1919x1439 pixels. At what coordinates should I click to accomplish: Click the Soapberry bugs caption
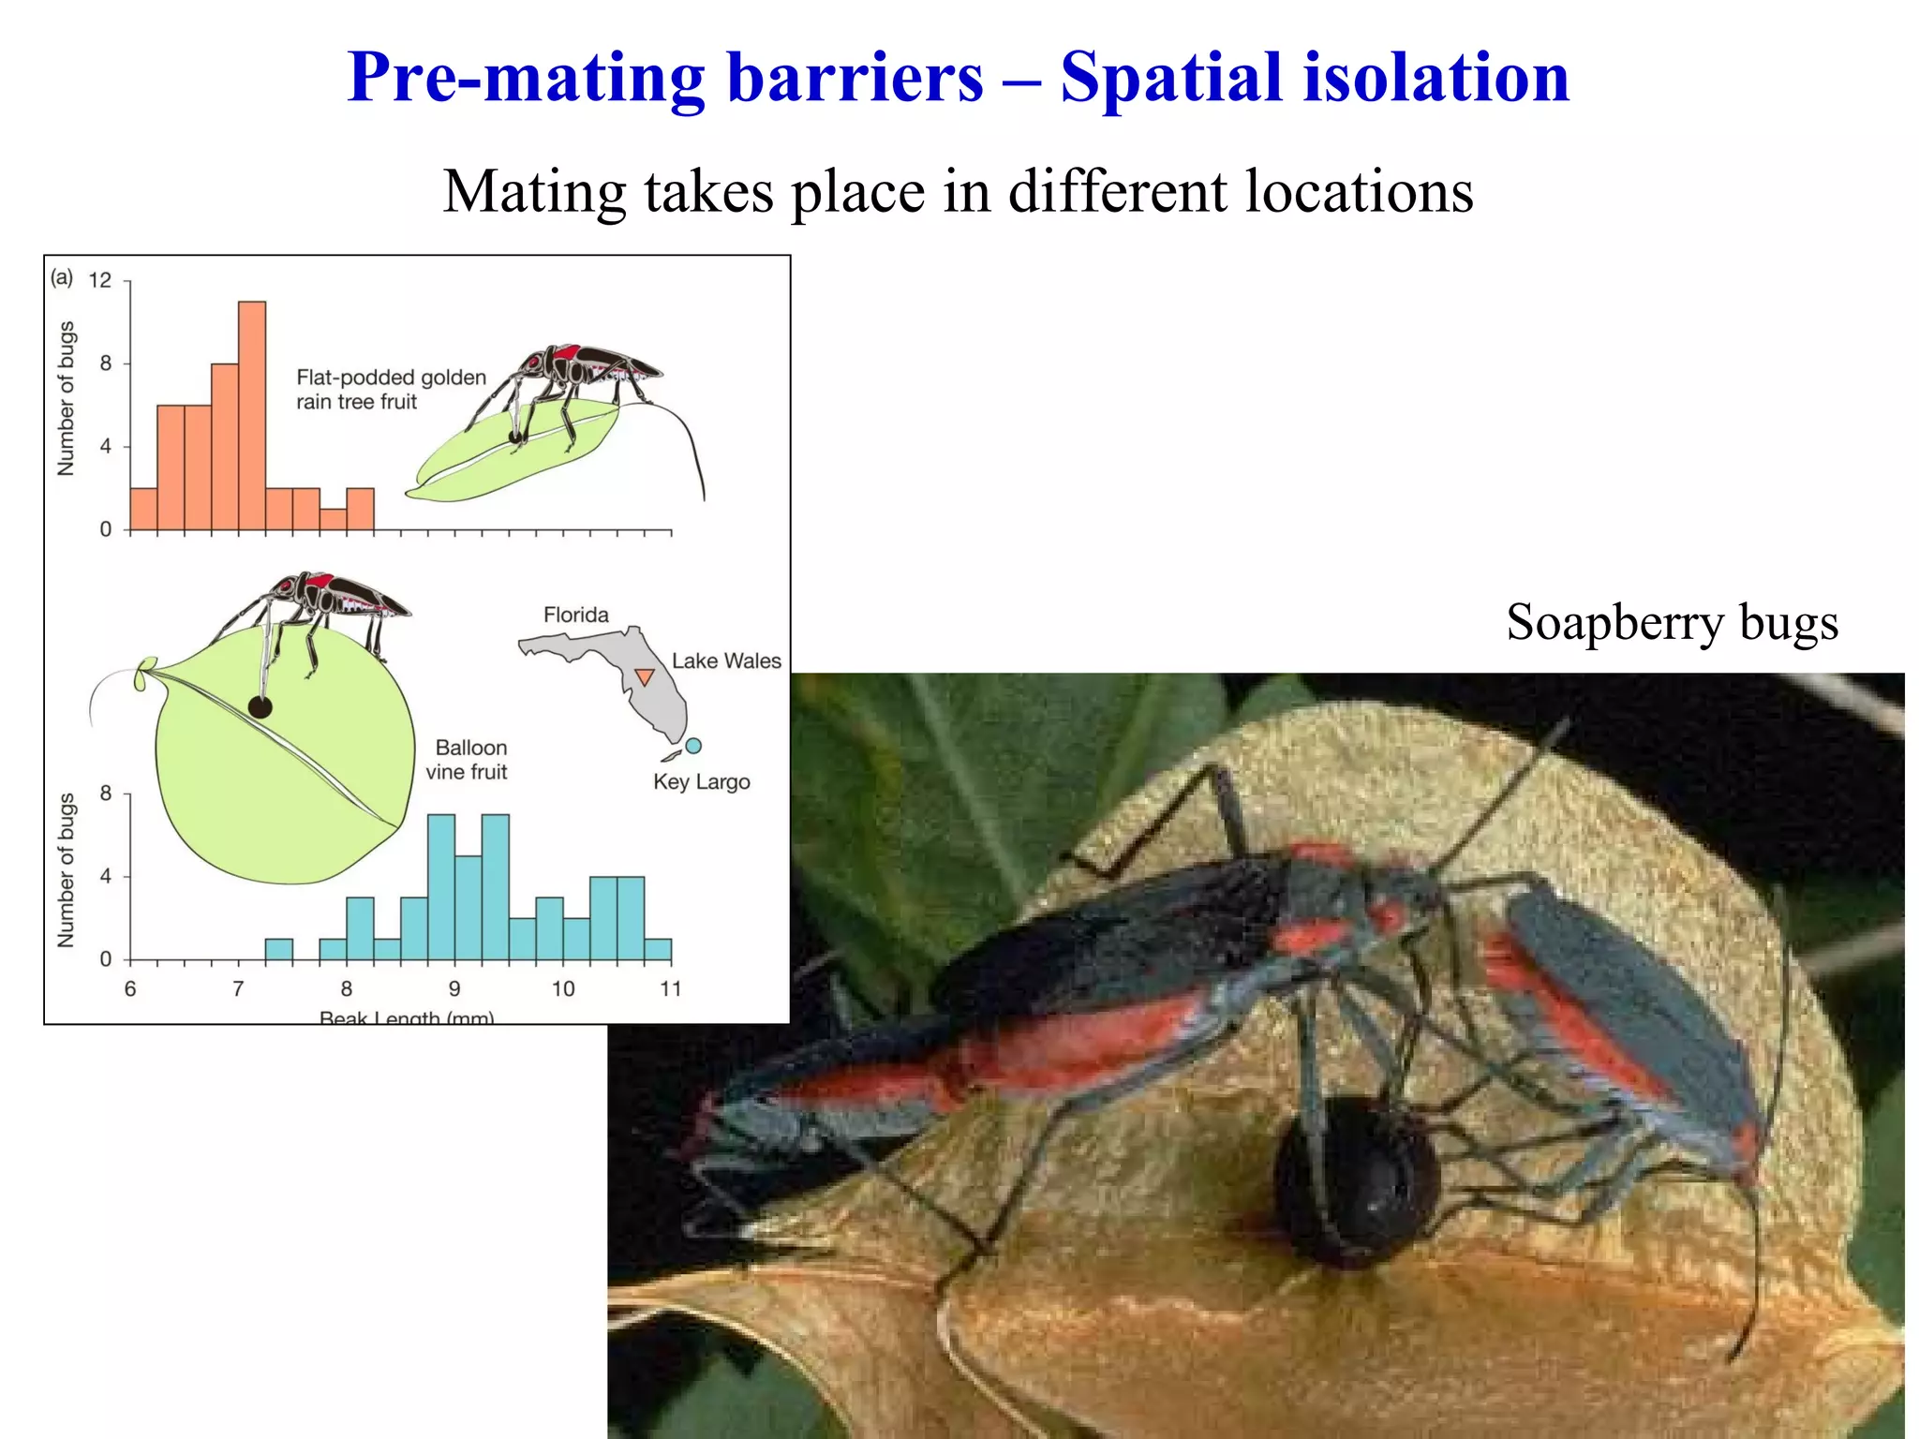1672,622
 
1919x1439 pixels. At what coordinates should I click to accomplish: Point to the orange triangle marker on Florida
645,676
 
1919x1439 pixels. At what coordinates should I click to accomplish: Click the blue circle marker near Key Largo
693,746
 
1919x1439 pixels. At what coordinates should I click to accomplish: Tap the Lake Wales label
726,661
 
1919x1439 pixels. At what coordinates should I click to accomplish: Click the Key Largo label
702,782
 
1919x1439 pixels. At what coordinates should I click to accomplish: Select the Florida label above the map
576,616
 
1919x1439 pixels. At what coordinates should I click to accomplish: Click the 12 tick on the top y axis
99,280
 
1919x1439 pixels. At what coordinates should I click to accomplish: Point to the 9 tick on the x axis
454,988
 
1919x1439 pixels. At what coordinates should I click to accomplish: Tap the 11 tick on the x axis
671,988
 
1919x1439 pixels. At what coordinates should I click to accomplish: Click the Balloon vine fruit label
469,760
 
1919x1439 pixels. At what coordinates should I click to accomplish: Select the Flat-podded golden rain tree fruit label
391,390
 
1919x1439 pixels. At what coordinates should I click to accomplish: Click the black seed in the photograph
1355,1182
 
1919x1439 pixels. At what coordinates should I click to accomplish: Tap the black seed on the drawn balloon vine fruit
260,707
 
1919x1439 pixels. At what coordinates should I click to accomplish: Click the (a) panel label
62,277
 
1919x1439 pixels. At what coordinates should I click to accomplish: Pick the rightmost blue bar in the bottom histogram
658,949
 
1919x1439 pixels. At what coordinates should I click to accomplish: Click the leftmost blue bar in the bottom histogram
279,949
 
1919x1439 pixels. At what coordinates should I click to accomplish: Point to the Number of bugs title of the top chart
66,398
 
